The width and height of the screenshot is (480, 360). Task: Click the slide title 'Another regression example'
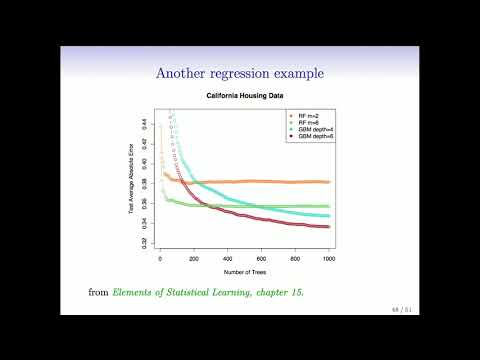click(239, 72)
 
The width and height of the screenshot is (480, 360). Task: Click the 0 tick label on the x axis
click(160, 258)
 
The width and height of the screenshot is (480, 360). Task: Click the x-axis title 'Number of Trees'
click(244, 271)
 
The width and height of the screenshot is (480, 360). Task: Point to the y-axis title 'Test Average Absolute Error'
click(132, 180)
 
